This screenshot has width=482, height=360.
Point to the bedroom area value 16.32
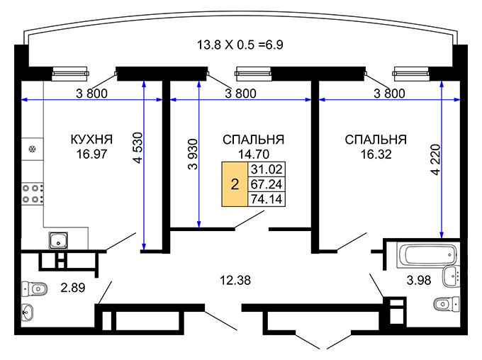(375, 152)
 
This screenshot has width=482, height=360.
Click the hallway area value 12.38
(237, 281)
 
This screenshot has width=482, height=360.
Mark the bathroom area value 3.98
(418, 281)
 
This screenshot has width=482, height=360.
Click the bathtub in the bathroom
(420, 254)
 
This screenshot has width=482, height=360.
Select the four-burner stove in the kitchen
(33, 194)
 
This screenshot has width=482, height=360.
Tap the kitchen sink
(58, 241)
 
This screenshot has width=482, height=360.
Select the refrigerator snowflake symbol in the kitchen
(32, 150)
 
